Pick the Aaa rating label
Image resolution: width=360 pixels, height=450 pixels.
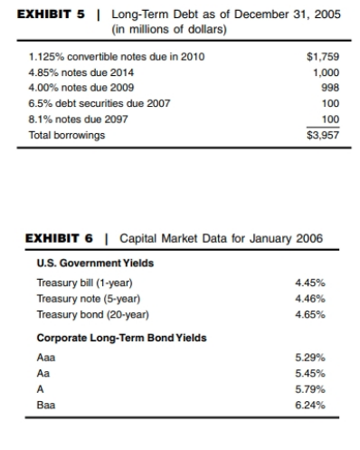[39, 358]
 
